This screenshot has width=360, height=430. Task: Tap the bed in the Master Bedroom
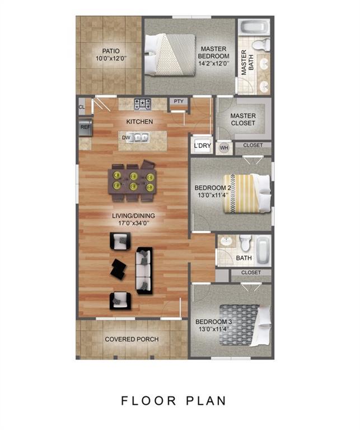point(169,54)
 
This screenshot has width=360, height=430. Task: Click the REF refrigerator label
point(85,127)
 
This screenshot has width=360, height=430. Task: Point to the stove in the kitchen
point(142,103)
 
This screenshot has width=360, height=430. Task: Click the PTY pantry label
point(179,101)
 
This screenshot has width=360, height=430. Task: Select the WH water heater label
point(224,147)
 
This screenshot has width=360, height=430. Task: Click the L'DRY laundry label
point(202,146)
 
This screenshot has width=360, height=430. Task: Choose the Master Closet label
point(242,119)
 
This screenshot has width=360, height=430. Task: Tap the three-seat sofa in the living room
point(144,270)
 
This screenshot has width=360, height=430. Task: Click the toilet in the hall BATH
point(245,241)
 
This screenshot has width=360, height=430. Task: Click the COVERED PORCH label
point(132,339)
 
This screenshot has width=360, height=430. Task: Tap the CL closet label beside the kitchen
point(82,105)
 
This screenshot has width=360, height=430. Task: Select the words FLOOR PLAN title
point(174,401)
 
